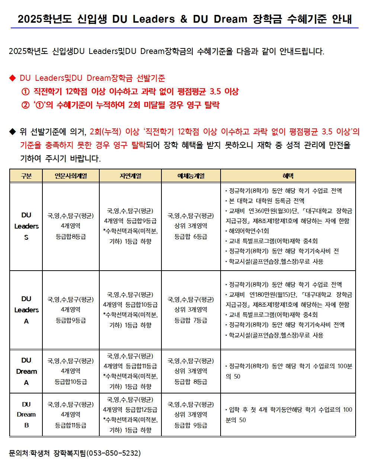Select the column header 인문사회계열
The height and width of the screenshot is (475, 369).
(x=71, y=176)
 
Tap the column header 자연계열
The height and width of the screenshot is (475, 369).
(x=130, y=176)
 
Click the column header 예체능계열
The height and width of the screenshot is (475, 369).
(x=191, y=176)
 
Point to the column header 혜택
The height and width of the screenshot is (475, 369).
(x=288, y=176)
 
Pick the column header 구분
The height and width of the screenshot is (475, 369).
(x=26, y=176)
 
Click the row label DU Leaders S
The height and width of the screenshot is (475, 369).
(x=26, y=226)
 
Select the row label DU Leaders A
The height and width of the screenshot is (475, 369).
(x=26, y=310)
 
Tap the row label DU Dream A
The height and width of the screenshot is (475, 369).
(x=26, y=371)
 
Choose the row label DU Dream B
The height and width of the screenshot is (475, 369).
(x=26, y=414)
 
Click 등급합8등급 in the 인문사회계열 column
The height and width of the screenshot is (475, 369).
(x=71, y=236)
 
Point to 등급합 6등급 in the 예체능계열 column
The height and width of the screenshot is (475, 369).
(x=191, y=236)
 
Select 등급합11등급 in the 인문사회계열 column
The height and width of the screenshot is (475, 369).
(x=71, y=425)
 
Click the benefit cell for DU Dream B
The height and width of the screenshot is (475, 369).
(x=288, y=415)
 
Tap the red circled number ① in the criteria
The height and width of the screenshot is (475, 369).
(x=25, y=92)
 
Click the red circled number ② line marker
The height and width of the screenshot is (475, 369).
(x=25, y=105)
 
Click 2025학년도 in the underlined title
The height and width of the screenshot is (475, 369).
(x=45, y=19)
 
